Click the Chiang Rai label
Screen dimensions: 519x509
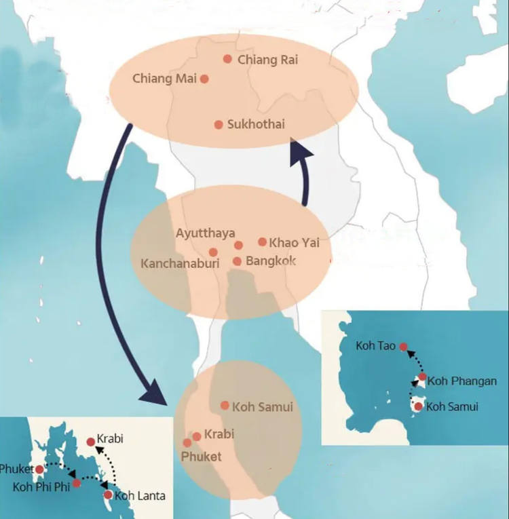click(x=268, y=60)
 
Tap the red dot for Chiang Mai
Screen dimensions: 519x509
click(x=204, y=79)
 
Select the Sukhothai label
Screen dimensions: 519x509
click(x=256, y=124)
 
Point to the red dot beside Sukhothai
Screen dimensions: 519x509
click(x=219, y=125)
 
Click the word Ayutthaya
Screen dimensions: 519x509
click(x=206, y=233)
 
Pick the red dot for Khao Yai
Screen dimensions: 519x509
click(x=263, y=242)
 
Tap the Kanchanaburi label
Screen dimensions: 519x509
click(x=181, y=263)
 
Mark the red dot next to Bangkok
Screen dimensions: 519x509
click(x=237, y=261)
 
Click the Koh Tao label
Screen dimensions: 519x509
click(x=375, y=346)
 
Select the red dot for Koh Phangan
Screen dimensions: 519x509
click(x=422, y=377)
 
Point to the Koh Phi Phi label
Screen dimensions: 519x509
click(x=42, y=486)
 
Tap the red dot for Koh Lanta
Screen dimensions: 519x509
click(x=108, y=496)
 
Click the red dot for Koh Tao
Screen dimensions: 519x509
click(x=403, y=346)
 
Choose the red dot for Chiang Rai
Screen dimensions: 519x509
click(x=227, y=59)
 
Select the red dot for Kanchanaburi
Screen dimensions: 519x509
click(x=213, y=252)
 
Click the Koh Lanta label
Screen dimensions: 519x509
click(x=140, y=496)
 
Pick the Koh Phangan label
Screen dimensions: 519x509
click(x=463, y=381)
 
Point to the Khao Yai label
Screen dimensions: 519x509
click(x=294, y=242)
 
